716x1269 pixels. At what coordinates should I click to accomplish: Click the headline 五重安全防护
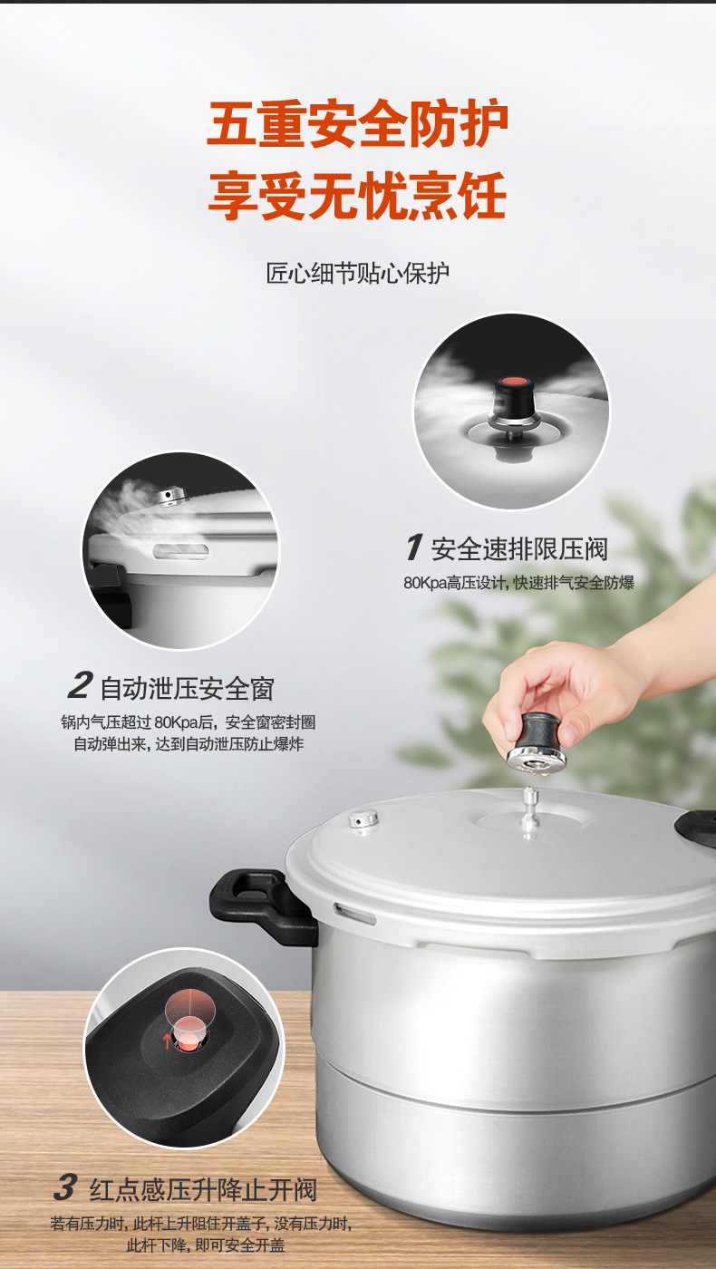pyautogui.click(x=357, y=124)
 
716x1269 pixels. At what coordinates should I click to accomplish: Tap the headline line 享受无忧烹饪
pyautogui.click(x=357, y=196)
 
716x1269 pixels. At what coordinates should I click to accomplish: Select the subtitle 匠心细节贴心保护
pyautogui.click(x=358, y=273)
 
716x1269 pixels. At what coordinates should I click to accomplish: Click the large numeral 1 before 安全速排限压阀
pyautogui.click(x=414, y=547)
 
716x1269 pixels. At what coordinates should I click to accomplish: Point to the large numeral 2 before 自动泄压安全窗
pyautogui.click(x=80, y=685)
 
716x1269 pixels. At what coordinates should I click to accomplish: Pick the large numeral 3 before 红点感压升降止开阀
pyautogui.click(x=65, y=1187)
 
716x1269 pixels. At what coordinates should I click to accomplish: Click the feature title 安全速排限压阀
pyautogui.click(x=518, y=549)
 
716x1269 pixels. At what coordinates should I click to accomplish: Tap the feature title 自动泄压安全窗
pyautogui.click(x=187, y=688)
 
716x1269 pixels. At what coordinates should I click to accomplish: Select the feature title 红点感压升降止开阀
pyautogui.click(x=203, y=1189)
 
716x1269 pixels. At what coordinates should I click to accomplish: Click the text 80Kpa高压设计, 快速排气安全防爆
pyautogui.click(x=518, y=582)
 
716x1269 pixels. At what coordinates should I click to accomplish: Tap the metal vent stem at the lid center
pyautogui.click(x=530, y=810)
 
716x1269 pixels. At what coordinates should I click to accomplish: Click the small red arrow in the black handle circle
pyautogui.click(x=167, y=1041)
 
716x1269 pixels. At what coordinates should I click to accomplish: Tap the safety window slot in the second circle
pyautogui.click(x=180, y=551)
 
